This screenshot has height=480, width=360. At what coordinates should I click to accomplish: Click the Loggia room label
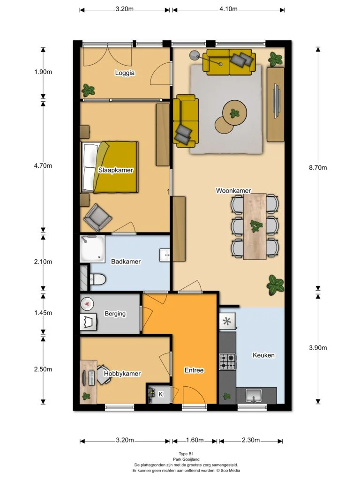[125, 73]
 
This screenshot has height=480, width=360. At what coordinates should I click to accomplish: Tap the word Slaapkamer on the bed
[115, 170]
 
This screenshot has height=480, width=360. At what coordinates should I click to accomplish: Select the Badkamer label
[126, 262]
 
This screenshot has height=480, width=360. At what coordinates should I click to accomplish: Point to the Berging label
[115, 314]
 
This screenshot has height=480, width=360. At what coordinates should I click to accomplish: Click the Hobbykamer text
[122, 374]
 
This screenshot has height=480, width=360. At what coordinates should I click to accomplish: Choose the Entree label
[194, 370]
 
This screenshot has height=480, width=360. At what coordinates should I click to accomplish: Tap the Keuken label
[263, 355]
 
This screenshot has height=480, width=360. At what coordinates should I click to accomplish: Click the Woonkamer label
[233, 190]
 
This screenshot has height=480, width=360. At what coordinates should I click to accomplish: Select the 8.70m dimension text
[318, 167]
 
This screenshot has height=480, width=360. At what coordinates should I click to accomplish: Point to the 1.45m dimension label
[43, 313]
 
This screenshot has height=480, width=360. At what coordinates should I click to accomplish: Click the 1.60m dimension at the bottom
[195, 440]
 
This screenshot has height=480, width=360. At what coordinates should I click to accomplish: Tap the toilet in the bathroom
[97, 279]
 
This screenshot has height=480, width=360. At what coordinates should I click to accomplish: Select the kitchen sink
[254, 395]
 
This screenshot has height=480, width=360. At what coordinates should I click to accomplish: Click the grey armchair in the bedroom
[97, 217]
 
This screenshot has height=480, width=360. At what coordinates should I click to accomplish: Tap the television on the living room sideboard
[277, 100]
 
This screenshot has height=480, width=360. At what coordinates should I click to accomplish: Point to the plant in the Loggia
[88, 90]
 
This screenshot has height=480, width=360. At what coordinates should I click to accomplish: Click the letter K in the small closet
[161, 394]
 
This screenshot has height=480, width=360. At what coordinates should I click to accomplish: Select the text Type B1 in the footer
[186, 454]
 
